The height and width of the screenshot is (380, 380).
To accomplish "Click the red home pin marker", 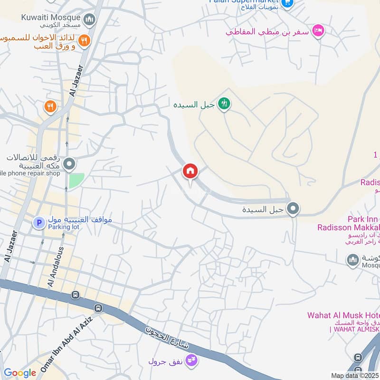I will click(x=190, y=171).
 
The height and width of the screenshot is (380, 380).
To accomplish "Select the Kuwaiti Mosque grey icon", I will click(x=89, y=19).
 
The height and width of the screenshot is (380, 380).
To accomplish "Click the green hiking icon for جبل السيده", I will click(x=224, y=103).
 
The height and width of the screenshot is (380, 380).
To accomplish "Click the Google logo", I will click(x=19, y=373).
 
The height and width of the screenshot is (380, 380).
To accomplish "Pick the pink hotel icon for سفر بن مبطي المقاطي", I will click(x=318, y=30).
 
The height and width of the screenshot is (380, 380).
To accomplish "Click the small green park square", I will click(x=76, y=180).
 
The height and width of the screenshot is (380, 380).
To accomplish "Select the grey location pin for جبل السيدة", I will click(x=294, y=208).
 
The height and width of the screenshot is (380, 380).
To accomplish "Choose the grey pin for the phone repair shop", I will click(x=69, y=165).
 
